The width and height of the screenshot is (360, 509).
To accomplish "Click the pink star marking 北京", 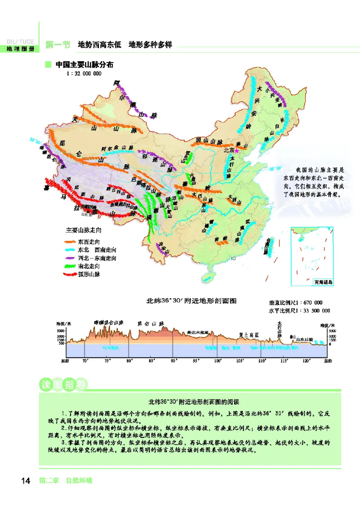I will (x=236, y=151).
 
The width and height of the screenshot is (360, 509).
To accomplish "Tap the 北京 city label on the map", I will (x=229, y=151).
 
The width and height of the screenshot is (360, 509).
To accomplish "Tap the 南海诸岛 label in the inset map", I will (x=323, y=282).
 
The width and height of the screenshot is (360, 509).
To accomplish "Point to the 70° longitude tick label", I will (x=85, y=360).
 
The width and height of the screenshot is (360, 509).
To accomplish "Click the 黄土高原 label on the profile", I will (x=249, y=335).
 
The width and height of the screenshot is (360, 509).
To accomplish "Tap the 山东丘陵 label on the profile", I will (x=304, y=340).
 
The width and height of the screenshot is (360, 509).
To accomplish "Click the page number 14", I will (x=25, y=481).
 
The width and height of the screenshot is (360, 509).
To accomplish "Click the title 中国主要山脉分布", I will (x=84, y=65).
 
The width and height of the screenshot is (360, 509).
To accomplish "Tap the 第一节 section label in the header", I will (x=58, y=45).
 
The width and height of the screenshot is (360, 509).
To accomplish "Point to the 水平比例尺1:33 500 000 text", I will (x=299, y=311).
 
